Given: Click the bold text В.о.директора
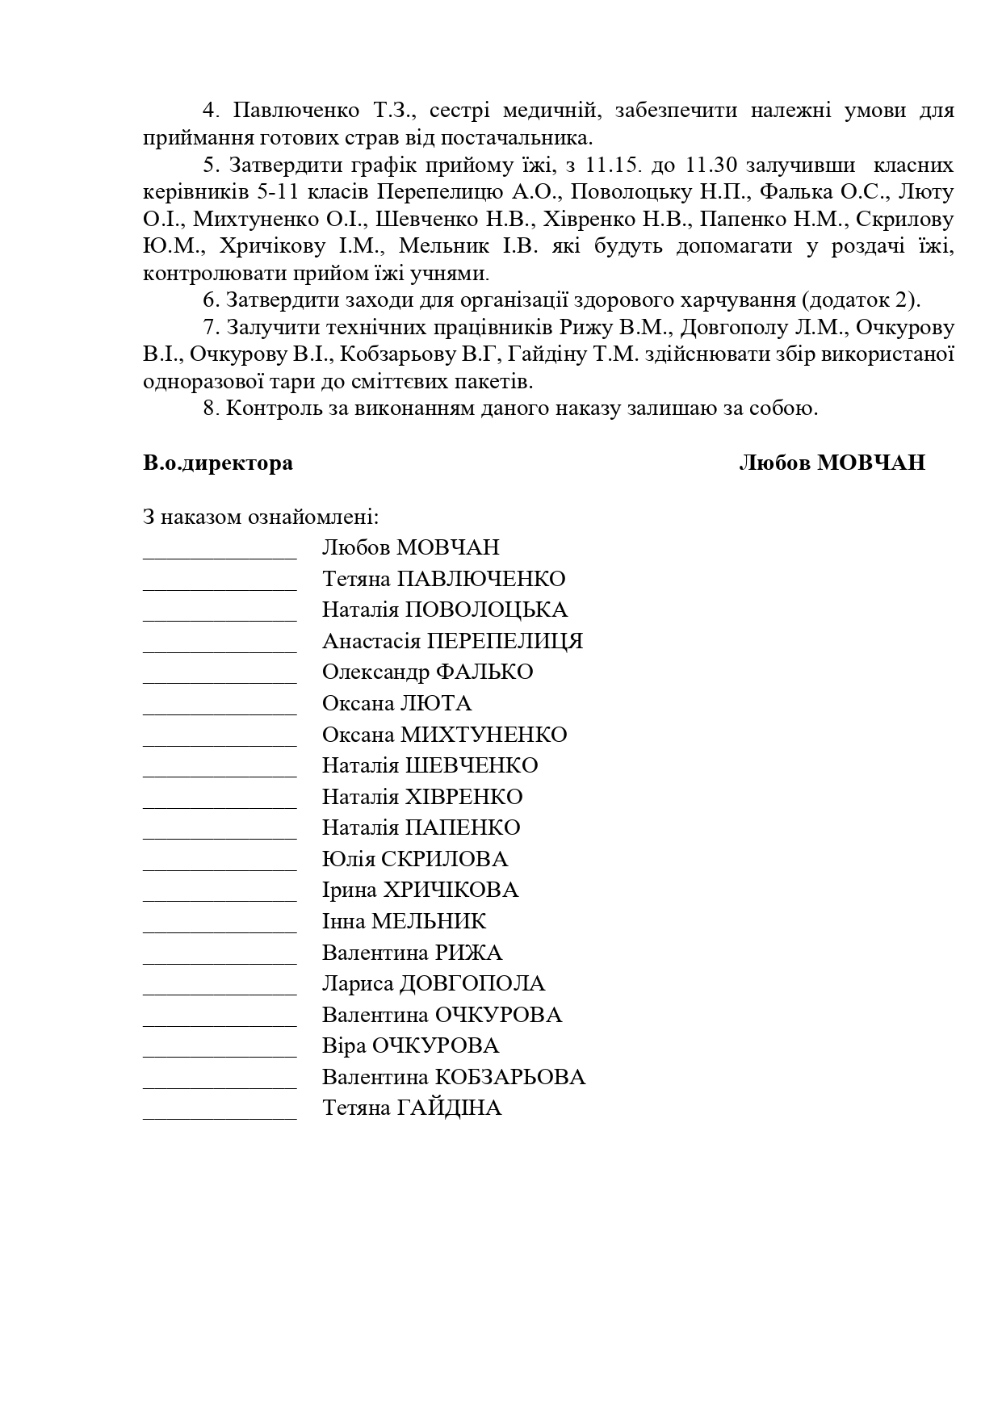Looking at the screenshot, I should coord(218,463).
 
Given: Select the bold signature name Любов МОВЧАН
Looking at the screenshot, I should coord(832,463).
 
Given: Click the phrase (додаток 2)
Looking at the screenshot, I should coord(860,300).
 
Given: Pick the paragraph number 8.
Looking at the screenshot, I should coord(211,408).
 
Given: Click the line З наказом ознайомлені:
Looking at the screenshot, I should coord(261,517).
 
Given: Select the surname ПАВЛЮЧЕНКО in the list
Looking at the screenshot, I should coord(481,579).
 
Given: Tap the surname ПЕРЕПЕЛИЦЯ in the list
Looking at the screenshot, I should coord(505,641).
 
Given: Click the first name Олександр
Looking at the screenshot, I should coord(375,672).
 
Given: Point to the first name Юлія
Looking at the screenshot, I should coord(349,859).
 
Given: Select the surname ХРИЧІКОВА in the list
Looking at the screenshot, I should coord(451,890).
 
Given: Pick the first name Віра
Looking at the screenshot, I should coord(344,1045).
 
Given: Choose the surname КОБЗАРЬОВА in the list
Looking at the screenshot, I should coord(510,1077).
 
